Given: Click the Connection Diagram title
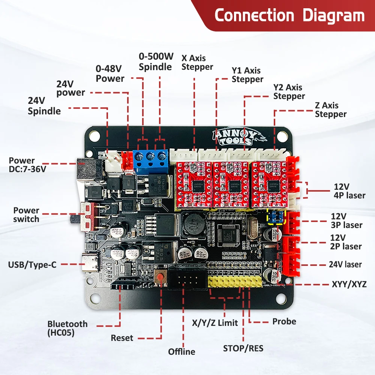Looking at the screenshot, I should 289,16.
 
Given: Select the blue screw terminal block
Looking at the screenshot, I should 151,160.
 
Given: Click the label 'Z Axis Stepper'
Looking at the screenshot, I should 331,110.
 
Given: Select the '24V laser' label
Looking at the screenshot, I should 345,264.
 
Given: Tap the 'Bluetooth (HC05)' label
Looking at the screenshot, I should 67,328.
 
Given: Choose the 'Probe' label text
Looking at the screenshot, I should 284,321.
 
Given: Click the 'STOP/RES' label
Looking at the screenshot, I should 243,348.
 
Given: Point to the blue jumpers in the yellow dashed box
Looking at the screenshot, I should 276,216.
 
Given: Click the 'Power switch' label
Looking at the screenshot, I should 26,214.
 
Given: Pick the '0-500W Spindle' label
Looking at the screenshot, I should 156,62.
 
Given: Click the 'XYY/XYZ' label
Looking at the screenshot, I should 349,284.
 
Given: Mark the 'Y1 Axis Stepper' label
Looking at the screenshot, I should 247,75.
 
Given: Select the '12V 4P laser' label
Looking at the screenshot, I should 349,191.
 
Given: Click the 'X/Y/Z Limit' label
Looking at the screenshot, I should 214,322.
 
